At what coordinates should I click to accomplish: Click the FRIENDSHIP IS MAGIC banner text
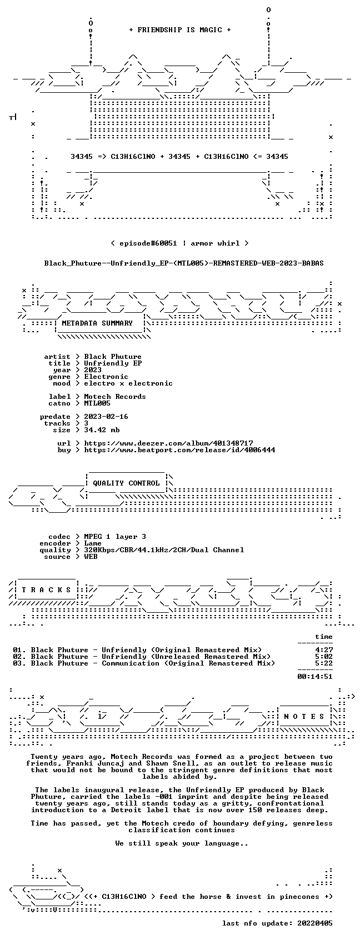tap(179, 30)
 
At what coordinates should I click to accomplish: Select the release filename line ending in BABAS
tap(184, 263)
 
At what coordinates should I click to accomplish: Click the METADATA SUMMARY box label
tap(97, 323)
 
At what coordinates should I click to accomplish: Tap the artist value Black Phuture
tap(113, 357)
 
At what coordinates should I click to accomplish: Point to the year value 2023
tap(93, 370)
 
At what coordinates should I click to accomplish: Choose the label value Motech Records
tap(115, 397)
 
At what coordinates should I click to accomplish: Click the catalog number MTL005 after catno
tap(97, 403)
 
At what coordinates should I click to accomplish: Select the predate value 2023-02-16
tap(106, 417)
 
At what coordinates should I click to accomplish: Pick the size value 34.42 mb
tap(102, 430)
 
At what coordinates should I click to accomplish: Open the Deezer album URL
tap(169, 443)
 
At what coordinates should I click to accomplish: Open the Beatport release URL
tap(179, 450)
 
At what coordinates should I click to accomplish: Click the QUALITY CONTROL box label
tap(126, 483)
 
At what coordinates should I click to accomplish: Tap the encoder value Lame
tap(93, 543)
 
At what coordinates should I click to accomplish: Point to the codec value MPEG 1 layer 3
tap(115, 537)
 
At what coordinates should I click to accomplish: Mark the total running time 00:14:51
tap(315, 677)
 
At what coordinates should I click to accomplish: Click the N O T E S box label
tap(304, 717)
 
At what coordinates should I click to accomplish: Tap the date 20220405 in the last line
tap(315, 923)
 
